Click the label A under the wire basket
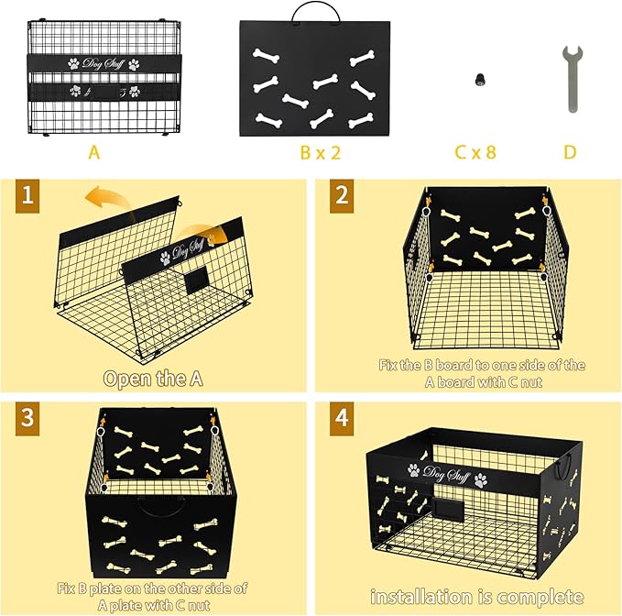93,152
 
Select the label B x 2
320,152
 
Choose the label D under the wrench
570,152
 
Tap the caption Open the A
153,379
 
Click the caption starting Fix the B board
468,373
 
